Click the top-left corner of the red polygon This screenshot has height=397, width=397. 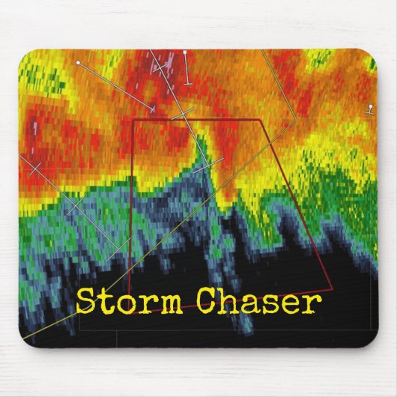[x=133, y=119]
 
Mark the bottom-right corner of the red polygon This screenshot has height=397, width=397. [x=331, y=288]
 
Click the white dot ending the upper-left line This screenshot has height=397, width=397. [x=77, y=64]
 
